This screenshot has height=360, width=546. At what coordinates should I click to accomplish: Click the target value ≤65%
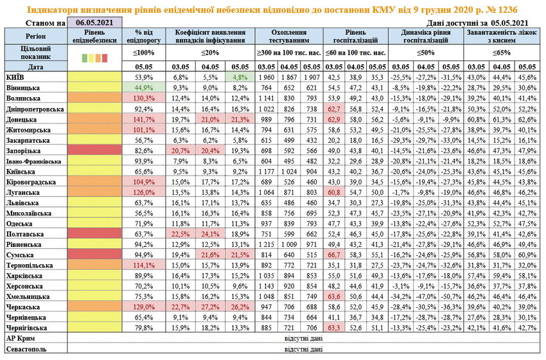[502, 53]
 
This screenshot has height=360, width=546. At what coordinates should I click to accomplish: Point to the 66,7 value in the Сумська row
[333, 255]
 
